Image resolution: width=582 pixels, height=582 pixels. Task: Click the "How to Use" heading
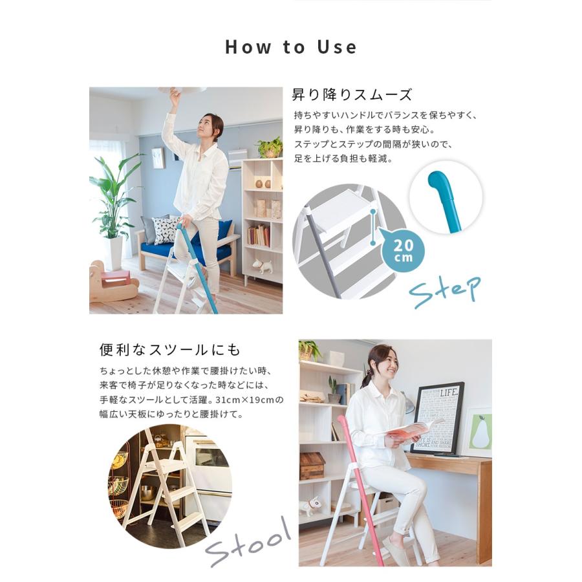click(290, 47)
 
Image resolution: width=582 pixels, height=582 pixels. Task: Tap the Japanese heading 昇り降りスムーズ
click(352, 95)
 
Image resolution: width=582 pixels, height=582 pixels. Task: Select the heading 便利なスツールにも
click(170, 350)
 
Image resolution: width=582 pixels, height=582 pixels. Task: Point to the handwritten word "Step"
click(444, 290)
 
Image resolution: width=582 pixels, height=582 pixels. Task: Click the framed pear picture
click(479, 431)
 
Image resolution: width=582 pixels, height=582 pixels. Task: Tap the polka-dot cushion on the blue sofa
click(166, 230)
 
